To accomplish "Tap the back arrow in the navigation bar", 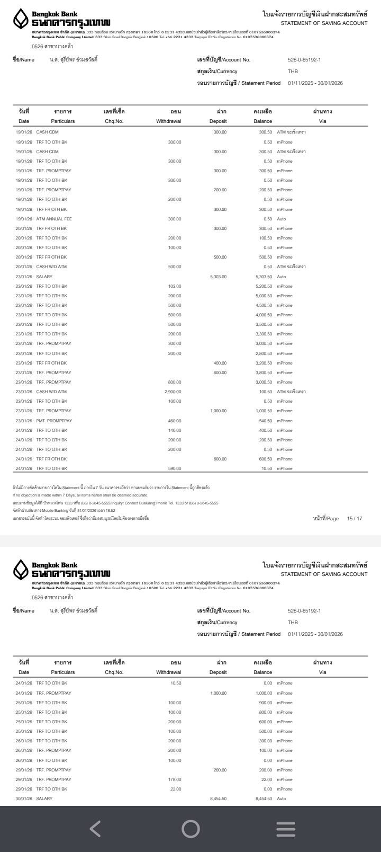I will pos(95,829).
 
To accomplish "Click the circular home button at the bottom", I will pos(190,829).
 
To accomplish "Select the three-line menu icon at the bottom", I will pos(286,829).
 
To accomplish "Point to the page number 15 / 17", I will pos(355,518).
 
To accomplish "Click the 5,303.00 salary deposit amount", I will pos(218,277).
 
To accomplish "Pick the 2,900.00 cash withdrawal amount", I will pos(173,392).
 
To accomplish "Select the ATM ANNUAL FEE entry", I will pos(54,219).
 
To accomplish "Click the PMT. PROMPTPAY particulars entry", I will pos(54,421).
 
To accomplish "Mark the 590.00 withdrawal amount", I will pos(174,468).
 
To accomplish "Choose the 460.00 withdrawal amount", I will pos(174,421).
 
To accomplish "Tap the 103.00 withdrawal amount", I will pos(174,286).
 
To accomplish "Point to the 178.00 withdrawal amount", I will pos(174,779).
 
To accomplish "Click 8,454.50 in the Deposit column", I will pos(218,798).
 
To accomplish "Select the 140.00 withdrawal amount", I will pos(174,430).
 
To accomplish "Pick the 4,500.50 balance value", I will pos(264,305).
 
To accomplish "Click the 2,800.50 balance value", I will pos(264,353).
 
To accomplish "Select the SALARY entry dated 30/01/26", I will pos(44,798).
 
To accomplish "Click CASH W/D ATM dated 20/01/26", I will pos(51,267).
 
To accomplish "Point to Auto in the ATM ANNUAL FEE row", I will pos(282,219).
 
